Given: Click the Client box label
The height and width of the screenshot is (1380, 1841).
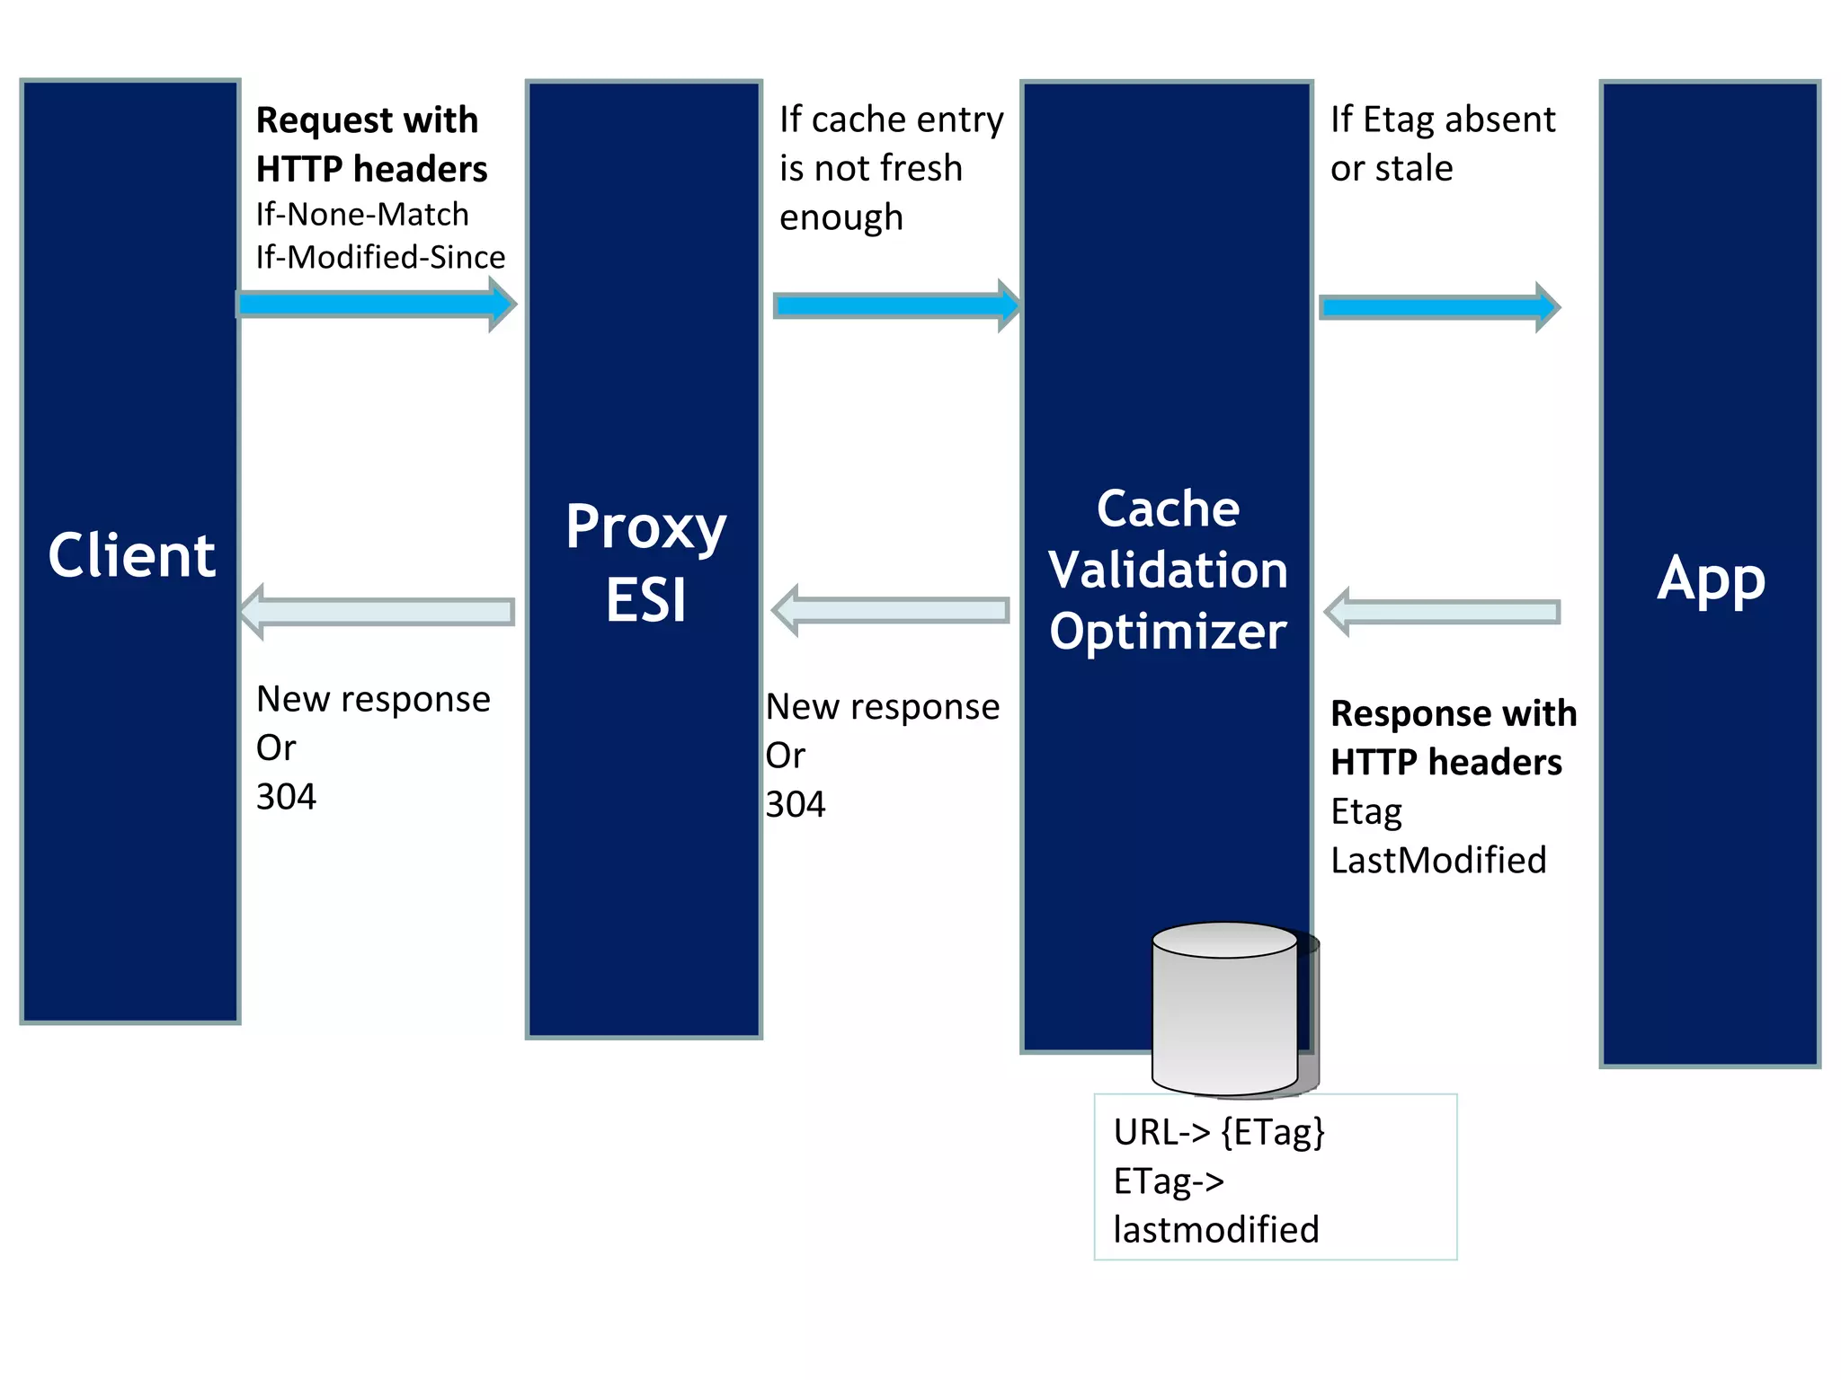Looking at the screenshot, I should point(131,555).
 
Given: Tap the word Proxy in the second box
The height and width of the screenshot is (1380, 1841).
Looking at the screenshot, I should point(645,528).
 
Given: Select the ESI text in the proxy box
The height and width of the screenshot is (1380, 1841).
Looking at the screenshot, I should point(645,600).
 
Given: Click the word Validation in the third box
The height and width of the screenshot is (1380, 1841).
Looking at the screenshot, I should point(1168,570).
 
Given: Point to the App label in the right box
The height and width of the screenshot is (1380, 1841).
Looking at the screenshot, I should point(1711,579).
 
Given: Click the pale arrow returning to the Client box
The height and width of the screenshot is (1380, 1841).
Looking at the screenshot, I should point(378,612).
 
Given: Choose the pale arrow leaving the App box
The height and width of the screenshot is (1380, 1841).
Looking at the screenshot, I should point(1444,612).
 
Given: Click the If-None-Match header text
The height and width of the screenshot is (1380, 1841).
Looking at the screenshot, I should point(362,215).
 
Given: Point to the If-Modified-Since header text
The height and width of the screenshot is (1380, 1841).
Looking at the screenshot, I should point(380,258).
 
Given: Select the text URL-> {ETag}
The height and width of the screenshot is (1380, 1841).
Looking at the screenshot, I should point(1219,1132).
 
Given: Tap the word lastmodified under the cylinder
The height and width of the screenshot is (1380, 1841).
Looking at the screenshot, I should point(1215,1230).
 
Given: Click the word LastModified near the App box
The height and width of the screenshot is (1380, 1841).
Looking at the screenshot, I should point(1438,861).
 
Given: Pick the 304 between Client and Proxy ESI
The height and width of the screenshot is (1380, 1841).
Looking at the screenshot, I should point(286,797).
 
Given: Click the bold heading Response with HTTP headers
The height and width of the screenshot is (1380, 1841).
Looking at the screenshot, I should point(1453,738).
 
